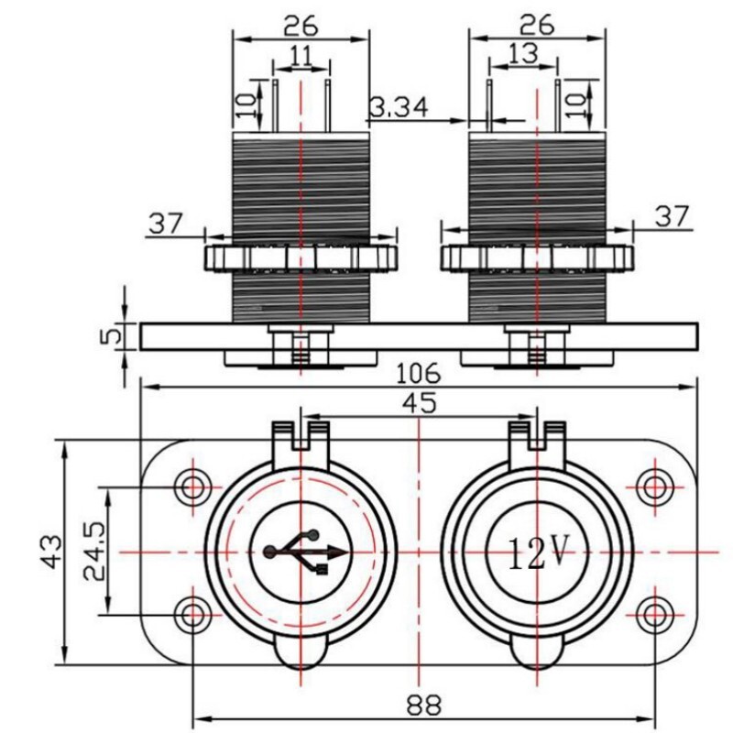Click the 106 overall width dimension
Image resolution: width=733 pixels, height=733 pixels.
pos(419,373)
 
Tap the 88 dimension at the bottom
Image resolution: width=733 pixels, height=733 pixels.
pos(422,706)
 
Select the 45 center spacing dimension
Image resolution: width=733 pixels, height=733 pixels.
pos(419,403)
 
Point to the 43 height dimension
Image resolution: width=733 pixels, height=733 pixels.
pos(51,551)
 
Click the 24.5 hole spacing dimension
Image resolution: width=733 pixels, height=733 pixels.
pos(93,551)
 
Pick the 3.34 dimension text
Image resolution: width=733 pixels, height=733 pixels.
pos(398,108)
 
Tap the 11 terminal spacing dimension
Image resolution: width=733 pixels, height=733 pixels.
pos(301,55)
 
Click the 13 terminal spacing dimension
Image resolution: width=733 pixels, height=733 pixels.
pos(522,55)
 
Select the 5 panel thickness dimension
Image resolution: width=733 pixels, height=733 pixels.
pos(110,335)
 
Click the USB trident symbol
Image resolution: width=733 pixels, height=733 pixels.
pos(305,552)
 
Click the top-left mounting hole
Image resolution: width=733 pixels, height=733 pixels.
pos(192,486)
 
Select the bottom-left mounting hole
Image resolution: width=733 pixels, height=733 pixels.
pos(192,613)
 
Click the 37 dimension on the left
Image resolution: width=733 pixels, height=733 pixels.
pos(165,222)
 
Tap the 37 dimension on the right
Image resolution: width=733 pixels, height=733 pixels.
pos(672,216)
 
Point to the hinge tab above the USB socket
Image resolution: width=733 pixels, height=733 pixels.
pos(301,433)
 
